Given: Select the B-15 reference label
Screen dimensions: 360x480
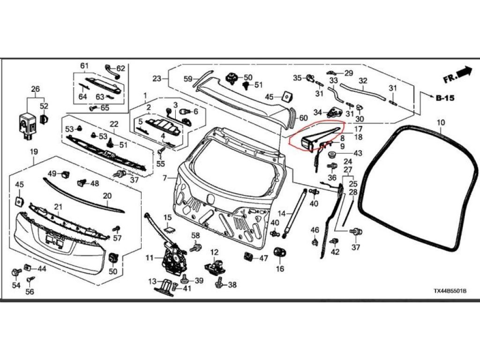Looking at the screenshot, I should (x=445, y=98).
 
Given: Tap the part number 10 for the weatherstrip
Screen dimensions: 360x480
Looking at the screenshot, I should (x=440, y=123).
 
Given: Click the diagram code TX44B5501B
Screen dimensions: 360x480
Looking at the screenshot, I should (x=450, y=292).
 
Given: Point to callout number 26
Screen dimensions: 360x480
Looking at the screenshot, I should (x=36, y=89).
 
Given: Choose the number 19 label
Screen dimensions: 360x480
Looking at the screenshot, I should (x=34, y=151).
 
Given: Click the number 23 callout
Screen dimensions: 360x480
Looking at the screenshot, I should (x=157, y=78).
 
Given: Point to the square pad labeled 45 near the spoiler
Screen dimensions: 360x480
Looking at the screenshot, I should (x=285, y=97).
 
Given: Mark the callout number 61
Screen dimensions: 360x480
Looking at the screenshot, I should (x=84, y=66).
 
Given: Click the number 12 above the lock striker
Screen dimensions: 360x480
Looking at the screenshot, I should (x=214, y=252).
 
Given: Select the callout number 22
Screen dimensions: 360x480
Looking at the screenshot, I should (x=114, y=124).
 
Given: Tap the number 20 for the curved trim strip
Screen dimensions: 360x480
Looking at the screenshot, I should (x=107, y=196).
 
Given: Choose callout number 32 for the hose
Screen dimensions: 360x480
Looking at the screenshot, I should (x=362, y=81).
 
